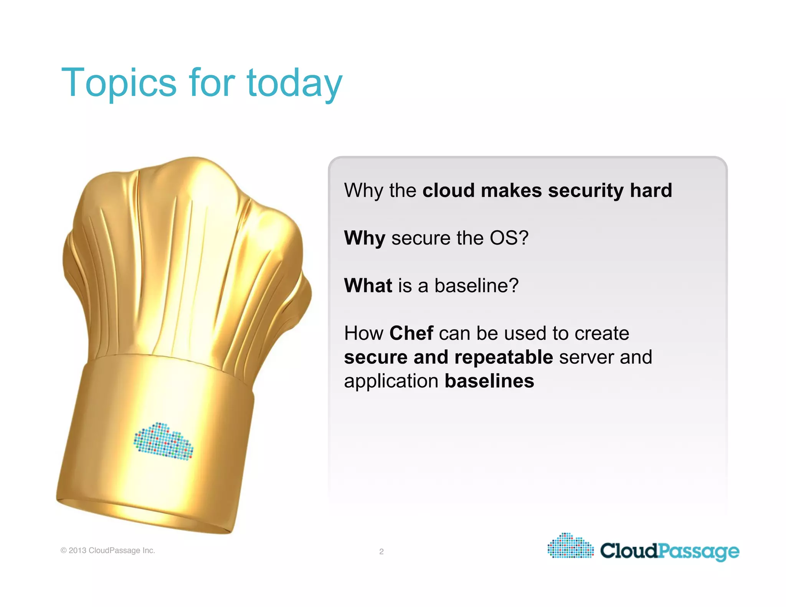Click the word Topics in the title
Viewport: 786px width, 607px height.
119,83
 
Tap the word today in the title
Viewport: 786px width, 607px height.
294,83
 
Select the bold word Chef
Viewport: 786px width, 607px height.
411,333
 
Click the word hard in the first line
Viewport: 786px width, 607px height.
651,190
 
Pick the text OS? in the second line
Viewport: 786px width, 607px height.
509,238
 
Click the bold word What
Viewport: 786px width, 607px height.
368,285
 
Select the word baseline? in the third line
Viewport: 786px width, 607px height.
476,285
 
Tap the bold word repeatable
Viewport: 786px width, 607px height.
504,358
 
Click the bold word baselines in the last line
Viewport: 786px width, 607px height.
489,381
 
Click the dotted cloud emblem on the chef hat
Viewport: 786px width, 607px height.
163,442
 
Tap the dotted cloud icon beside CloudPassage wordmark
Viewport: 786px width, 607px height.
570,546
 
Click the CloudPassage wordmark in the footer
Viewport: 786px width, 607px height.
669,551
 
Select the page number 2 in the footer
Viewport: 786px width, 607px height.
381,551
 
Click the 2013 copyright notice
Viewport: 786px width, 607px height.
108,550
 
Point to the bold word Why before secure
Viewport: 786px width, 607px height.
364,238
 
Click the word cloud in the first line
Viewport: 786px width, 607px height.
448,190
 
